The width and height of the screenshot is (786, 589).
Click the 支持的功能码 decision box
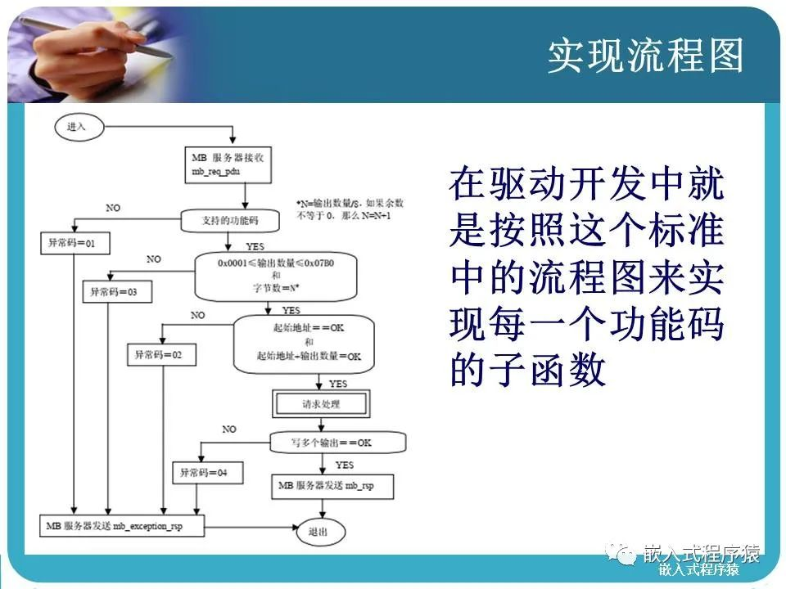230,220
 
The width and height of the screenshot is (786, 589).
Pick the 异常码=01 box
75,243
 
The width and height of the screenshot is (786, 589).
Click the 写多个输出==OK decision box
337,443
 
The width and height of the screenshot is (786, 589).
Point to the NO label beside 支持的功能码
113,208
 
